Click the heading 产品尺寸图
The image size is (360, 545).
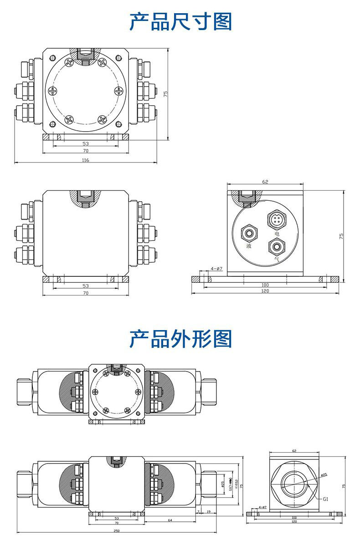(180, 21)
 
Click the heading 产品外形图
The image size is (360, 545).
(180, 339)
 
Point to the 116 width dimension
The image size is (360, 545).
(85, 160)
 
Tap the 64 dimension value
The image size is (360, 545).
(170, 520)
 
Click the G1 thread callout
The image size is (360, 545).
(325, 499)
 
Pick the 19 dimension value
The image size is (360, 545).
(208, 512)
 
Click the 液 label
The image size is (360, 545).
(249, 246)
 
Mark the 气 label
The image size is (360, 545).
(276, 260)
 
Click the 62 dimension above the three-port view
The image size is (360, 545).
(265, 182)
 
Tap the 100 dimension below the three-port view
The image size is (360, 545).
(265, 285)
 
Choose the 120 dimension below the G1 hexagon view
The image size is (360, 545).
(294, 522)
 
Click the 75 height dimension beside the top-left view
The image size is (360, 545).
(166, 93)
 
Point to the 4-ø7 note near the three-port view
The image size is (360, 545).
(216, 269)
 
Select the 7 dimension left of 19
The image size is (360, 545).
(199, 512)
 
